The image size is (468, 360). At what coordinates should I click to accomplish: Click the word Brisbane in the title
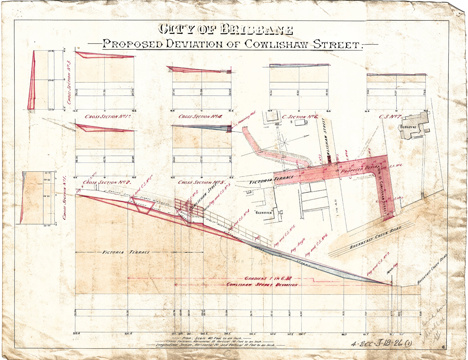click(x=256, y=30)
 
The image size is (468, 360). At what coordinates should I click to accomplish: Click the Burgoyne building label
click(x=408, y=127)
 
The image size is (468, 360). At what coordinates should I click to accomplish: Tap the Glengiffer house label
click(x=264, y=212)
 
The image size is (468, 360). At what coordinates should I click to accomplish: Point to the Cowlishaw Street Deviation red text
click(x=262, y=285)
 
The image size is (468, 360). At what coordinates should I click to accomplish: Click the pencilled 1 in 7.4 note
click(x=249, y=262)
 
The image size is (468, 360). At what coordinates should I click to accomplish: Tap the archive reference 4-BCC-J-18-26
click(x=381, y=344)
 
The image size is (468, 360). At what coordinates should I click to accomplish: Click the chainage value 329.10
click(x=128, y=334)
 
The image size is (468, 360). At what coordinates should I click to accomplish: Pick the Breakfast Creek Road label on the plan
click(x=376, y=238)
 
